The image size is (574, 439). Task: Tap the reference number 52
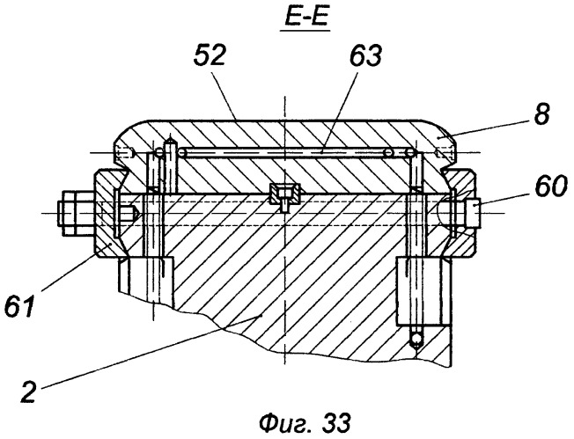coord(210,55)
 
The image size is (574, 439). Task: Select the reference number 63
coord(365,55)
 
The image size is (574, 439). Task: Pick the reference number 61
coord(19,306)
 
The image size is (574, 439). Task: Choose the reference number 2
coord(29,391)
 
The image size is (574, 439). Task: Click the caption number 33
coord(336,423)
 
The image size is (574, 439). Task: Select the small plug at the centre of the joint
coord(285,196)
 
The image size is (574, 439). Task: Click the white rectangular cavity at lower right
coord(420,291)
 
